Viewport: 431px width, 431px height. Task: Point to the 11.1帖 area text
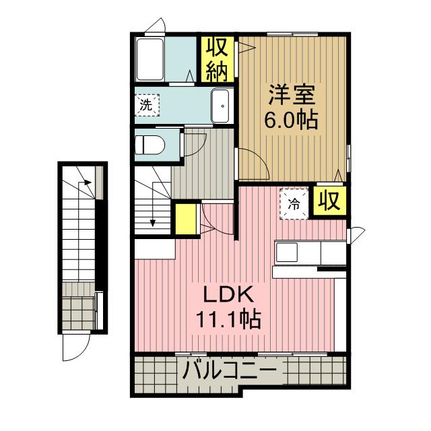[x=228, y=317]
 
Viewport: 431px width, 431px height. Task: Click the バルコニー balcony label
[x=229, y=370]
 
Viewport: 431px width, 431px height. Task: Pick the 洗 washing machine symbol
[x=146, y=105]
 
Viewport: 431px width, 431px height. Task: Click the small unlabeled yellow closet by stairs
[x=184, y=219]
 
